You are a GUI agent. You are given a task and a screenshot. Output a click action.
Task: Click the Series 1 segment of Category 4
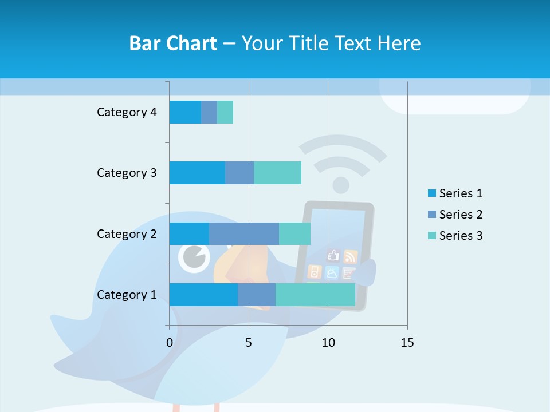[185, 112]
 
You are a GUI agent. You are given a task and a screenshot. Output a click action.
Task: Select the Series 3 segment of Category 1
[315, 295]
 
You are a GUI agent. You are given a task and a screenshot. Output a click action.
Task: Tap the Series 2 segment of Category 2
[244, 233]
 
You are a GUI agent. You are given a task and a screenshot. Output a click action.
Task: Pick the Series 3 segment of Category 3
[277, 173]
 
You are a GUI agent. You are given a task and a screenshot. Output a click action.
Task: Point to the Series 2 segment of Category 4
[209, 112]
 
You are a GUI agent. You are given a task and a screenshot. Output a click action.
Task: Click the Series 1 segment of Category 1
[203, 295]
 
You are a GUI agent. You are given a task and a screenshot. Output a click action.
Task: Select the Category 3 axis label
[127, 173]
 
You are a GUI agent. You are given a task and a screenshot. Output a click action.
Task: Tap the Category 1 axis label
[127, 295]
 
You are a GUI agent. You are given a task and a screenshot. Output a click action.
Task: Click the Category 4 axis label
[127, 112]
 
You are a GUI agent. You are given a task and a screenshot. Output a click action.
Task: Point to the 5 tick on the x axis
[249, 343]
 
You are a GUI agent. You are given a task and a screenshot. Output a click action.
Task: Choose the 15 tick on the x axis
[407, 343]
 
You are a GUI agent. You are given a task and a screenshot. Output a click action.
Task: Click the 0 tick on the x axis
[170, 343]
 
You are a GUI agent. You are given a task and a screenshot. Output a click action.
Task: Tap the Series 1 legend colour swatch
[431, 193]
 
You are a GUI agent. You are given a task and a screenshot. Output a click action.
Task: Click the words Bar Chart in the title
[173, 43]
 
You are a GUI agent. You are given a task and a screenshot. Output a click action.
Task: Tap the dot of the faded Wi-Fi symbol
[341, 185]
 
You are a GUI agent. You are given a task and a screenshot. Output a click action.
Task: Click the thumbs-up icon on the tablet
[333, 255]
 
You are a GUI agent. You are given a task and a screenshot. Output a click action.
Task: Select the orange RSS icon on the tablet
[351, 256]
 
